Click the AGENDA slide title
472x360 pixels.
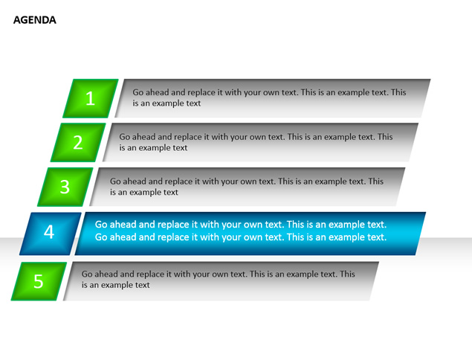point(35,20)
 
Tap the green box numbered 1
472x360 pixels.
point(90,98)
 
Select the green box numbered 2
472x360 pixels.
point(78,142)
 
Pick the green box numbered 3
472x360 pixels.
point(65,187)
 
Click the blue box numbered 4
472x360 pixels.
point(51,234)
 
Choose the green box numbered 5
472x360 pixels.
point(39,281)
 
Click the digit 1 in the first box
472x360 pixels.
point(90,98)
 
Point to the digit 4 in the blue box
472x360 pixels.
point(49,232)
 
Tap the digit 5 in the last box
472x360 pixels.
point(38,281)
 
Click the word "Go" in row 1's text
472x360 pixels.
point(138,92)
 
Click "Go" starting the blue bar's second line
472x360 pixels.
point(101,237)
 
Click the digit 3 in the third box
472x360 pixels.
point(65,187)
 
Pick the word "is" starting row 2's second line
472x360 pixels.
point(122,147)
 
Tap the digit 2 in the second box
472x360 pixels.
point(77,142)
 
